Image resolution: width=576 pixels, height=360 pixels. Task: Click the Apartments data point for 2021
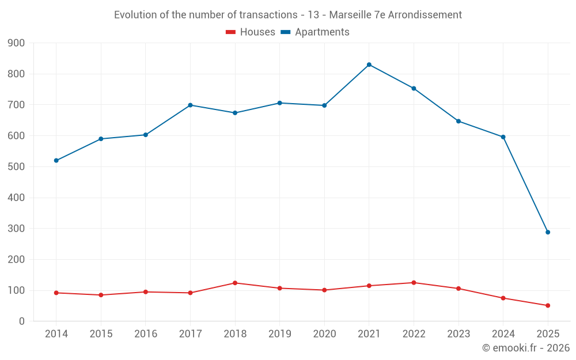tap(369, 65)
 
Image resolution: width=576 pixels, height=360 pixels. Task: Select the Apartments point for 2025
tap(548, 232)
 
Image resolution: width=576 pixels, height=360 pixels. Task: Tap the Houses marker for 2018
tap(235, 283)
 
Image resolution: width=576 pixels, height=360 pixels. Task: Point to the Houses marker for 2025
tap(548, 305)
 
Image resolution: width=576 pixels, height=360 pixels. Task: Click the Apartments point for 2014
tap(56, 161)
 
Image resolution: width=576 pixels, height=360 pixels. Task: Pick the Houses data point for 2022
tap(414, 283)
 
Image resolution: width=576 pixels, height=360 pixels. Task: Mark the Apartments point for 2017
tap(190, 105)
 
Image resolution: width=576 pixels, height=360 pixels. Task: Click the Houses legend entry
tap(251, 32)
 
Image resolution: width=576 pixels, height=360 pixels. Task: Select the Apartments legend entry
tap(315, 32)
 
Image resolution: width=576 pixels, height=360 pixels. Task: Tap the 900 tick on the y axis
tap(17, 43)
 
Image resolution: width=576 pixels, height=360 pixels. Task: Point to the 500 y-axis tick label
tap(17, 167)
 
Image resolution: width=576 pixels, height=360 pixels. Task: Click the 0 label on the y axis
tap(21, 321)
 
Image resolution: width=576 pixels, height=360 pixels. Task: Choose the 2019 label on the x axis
tap(279, 334)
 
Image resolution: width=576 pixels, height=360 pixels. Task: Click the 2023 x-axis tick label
tap(458, 334)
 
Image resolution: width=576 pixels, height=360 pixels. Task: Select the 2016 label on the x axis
tap(146, 334)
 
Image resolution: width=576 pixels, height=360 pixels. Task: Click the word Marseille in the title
tap(350, 15)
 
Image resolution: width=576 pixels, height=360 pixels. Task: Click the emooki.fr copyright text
tap(526, 348)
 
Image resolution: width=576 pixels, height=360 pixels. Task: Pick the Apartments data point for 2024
tap(503, 137)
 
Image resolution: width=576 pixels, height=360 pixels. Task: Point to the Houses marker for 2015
tap(101, 295)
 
